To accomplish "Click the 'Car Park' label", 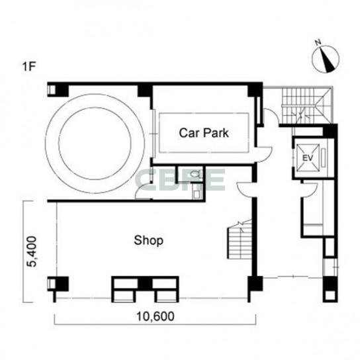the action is coord(204,133).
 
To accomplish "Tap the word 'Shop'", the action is coord(148,241).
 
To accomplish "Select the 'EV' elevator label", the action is coord(308,158).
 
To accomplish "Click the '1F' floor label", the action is coord(28,67).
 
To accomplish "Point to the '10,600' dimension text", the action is coord(156,316).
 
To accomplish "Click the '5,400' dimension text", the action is coord(32,251).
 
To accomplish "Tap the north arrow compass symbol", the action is coord(326,60).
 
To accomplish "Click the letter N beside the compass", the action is coord(318,42).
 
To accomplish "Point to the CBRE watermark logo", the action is coord(180,180).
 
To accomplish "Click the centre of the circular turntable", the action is coord(95,144).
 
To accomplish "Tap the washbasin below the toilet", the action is coord(197,195).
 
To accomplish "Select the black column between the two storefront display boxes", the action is coord(145,284).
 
